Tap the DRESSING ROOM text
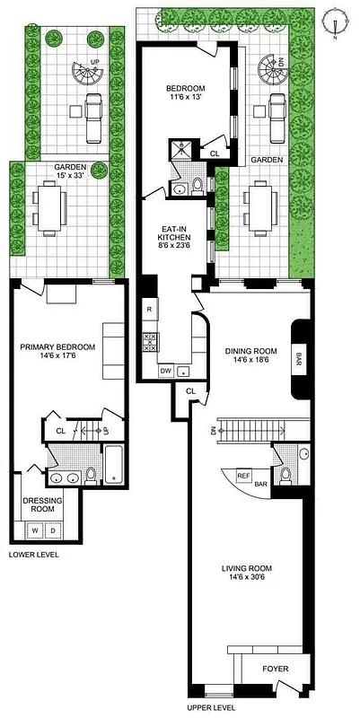pyautogui.click(x=39, y=504)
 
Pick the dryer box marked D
pyautogui.click(x=53, y=531)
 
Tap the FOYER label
pyautogui.click(x=275, y=669)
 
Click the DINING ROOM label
pyautogui.click(x=242, y=350)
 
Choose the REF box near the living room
pyautogui.click(x=243, y=476)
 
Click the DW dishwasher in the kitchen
pyautogui.click(x=165, y=370)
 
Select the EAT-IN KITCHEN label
pyautogui.click(x=175, y=233)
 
